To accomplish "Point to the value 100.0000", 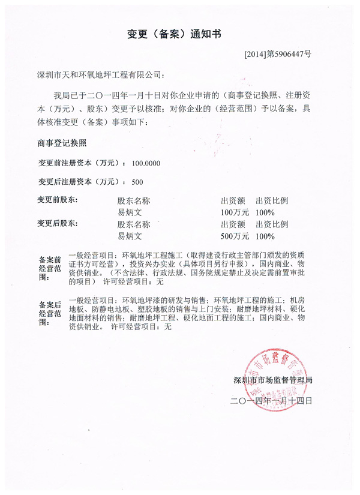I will tap(143, 163).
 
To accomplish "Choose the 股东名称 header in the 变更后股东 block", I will tap(134, 224).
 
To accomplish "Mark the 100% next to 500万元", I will tap(265, 236).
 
